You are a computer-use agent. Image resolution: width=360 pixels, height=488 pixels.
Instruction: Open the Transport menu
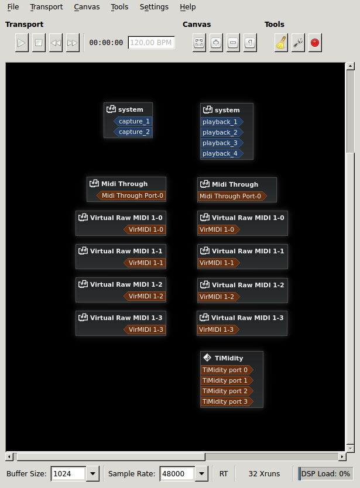click(x=46, y=7)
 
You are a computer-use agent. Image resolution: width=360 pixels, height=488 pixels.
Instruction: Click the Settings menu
click(x=154, y=7)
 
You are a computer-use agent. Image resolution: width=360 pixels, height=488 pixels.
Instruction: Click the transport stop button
click(x=39, y=43)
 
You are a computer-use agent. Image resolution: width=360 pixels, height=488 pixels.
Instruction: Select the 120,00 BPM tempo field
click(x=151, y=43)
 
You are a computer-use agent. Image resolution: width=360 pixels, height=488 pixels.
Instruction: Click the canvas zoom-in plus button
click(x=216, y=43)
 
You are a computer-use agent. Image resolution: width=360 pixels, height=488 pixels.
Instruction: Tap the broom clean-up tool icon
click(x=281, y=43)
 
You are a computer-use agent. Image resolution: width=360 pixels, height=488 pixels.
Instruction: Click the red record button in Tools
click(x=315, y=43)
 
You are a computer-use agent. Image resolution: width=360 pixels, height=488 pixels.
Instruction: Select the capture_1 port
click(x=133, y=122)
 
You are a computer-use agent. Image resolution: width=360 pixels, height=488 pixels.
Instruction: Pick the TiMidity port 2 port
click(x=225, y=391)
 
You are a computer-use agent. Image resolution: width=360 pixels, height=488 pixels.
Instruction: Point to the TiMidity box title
click(x=228, y=358)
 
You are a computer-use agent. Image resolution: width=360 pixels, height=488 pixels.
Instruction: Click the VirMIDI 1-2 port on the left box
click(x=146, y=297)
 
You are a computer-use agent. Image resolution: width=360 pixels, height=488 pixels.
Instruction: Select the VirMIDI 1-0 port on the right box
click(x=217, y=230)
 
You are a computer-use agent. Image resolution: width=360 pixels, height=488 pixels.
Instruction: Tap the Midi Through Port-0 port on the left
click(x=132, y=196)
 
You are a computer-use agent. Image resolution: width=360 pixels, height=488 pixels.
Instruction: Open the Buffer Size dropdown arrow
click(x=92, y=473)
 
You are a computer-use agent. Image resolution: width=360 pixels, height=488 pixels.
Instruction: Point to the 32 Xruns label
click(x=264, y=473)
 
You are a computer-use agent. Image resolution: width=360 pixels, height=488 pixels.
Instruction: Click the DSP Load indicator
click(x=325, y=473)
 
